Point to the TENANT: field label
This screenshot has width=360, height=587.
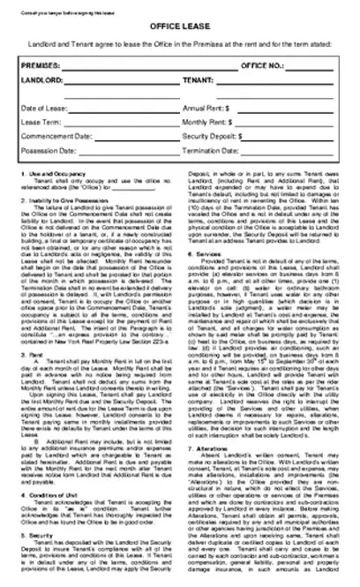200,79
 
